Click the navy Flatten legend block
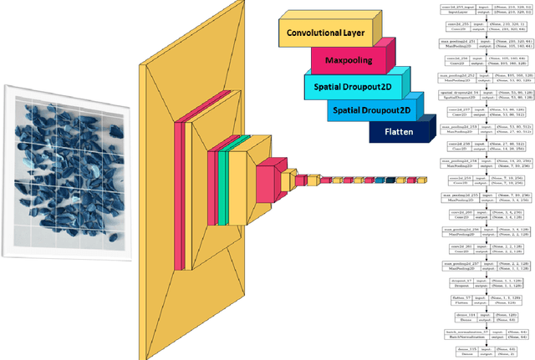398,131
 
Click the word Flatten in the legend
398,131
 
